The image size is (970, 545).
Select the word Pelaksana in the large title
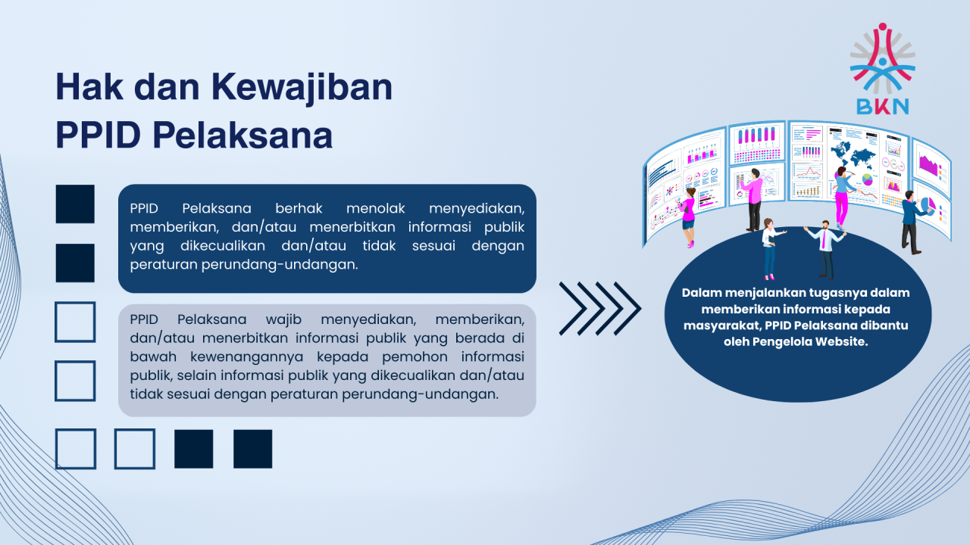click(x=242, y=135)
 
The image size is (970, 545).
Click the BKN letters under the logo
click(x=883, y=107)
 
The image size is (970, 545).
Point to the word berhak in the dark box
click(x=299, y=208)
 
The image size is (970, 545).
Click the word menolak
click(x=375, y=208)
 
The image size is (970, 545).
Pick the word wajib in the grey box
click(x=283, y=319)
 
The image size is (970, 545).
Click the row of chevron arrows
click(x=599, y=308)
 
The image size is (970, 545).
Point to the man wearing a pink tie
click(x=825, y=249)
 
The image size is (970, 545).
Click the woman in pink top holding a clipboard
click(x=688, y=217)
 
